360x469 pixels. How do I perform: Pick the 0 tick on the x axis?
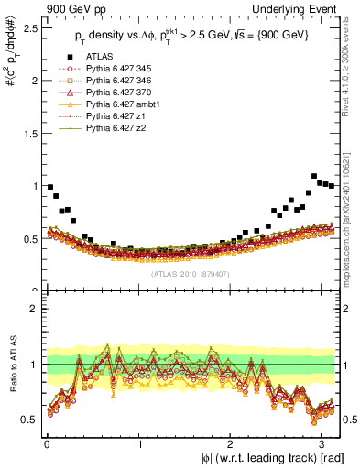click(x=46, y=442)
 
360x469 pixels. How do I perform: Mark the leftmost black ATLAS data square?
click(x=49, y=186)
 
